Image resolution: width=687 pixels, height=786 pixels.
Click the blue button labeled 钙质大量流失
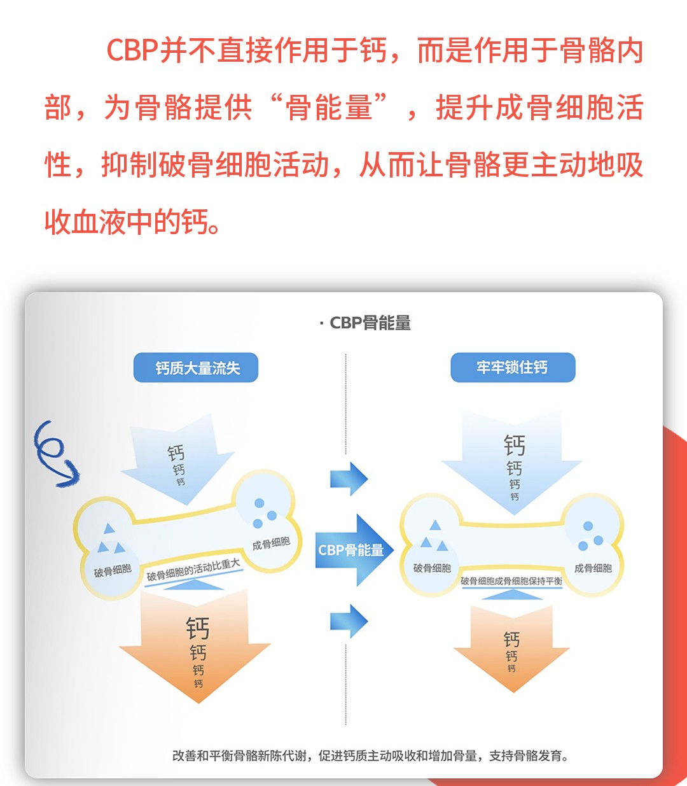(x=196, y=368)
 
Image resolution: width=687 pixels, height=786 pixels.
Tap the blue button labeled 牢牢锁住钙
(x=513, y=367)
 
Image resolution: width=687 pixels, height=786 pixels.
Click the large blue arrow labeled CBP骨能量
(x=353, y=550)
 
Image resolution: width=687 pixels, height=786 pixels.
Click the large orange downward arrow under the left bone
(x=196, y=646)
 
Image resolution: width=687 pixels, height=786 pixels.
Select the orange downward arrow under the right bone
(x=511, y=646)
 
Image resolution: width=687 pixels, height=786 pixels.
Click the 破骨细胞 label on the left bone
(x=113, y=571)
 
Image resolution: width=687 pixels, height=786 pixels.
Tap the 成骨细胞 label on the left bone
(x=271, y=544)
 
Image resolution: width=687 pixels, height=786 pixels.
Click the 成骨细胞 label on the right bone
(x=593, y=568)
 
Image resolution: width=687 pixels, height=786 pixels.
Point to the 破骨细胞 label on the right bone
(x=432, y=568)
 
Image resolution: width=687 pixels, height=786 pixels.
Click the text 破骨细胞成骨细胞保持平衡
(x=511, y=581)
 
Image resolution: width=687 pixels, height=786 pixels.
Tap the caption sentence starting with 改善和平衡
(x=371, y=756)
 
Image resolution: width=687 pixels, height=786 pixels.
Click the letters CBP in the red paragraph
(x=132, y=51)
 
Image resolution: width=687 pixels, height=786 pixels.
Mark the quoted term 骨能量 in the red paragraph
(x=329, y=108)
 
